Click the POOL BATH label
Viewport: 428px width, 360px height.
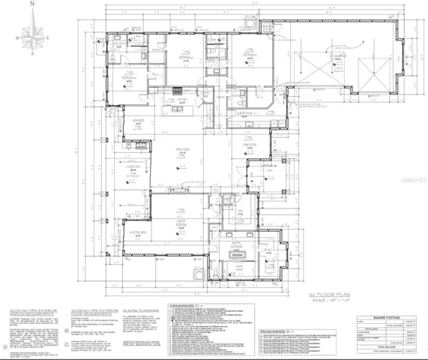[x=120, y=44]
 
